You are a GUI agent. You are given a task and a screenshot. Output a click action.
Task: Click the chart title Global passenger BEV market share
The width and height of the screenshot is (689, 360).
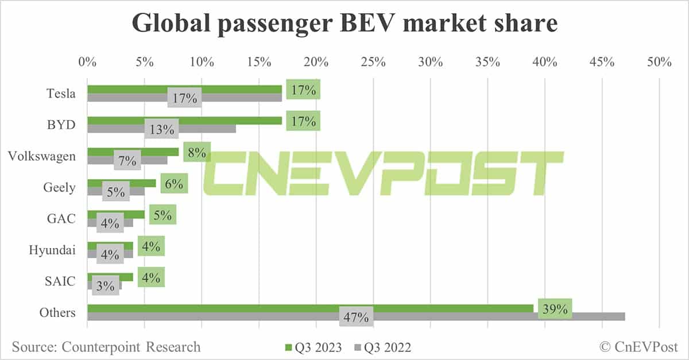point(344,25)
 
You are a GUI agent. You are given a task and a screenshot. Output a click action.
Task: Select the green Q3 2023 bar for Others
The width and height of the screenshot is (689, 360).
point(310,308)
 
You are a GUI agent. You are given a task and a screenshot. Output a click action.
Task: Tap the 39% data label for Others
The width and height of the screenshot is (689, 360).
point(554,309)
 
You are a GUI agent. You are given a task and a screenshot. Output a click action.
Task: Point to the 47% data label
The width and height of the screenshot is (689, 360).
point(357,318)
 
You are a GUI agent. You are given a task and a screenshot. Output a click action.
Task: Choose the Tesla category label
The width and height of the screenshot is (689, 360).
point(61,94)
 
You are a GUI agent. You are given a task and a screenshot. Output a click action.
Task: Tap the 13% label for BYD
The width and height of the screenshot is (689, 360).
point(161,129)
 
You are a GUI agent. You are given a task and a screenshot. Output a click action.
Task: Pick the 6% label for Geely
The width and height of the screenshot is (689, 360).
point(174,184)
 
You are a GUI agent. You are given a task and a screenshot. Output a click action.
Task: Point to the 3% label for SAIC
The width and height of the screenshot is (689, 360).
point(105,285)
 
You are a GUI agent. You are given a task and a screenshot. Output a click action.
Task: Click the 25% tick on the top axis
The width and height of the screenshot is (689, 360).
point(373,62)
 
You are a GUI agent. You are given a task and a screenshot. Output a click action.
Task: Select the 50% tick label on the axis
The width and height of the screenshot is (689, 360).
point(659,62)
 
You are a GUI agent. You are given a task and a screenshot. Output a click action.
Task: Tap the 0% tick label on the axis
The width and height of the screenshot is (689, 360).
point(87,62)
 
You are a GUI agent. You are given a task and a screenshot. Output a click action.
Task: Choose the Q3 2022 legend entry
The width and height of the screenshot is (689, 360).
point(384,347)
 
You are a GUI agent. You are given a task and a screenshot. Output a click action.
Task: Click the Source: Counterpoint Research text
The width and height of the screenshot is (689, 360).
point(106,347)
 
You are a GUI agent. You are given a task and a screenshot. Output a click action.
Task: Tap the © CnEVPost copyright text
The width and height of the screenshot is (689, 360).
point(639,347)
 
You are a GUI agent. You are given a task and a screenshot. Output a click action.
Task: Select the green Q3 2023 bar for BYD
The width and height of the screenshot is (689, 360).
point(184,121)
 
